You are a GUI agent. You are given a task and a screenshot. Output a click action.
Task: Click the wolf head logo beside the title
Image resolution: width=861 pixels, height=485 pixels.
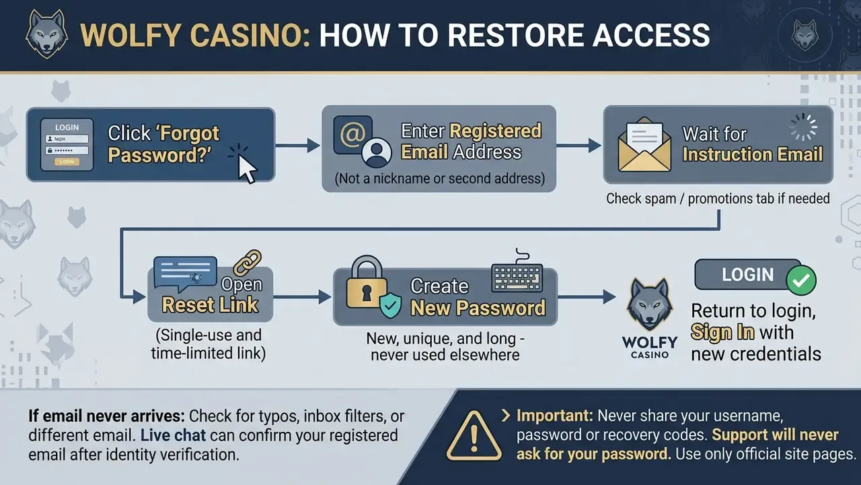46,34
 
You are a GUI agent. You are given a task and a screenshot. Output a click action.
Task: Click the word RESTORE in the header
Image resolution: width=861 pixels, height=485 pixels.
515,36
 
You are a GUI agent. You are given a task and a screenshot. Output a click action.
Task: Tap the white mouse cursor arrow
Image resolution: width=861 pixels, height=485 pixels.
247,168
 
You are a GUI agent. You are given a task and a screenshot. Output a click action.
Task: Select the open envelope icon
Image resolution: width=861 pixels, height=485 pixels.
644,145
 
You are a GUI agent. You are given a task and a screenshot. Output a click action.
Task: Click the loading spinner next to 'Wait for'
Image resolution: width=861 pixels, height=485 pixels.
803,127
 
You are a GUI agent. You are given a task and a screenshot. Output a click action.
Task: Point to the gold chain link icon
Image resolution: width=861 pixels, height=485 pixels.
247,263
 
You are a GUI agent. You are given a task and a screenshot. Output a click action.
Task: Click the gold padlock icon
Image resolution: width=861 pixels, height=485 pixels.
367,282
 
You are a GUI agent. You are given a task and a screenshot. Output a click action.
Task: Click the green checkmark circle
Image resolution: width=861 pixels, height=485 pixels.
801,280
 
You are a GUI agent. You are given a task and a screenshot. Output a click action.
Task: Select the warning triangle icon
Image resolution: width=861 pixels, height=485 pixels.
474,436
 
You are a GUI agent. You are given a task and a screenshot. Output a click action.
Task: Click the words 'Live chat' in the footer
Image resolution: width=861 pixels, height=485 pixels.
173,435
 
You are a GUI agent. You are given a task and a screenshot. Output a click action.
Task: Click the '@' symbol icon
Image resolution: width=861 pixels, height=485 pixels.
352,134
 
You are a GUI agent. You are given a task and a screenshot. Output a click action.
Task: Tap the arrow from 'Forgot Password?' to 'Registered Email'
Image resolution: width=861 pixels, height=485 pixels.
297,145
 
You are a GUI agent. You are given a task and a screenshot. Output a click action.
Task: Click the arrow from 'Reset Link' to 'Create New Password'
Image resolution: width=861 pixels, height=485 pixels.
302,297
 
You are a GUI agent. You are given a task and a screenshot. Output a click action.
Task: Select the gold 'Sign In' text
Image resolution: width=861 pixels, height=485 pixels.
722,332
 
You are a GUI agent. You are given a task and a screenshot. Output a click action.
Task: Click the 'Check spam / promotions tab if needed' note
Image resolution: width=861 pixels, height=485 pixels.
718,199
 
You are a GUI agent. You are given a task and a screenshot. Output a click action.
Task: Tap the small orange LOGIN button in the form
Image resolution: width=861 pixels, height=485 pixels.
67,162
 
